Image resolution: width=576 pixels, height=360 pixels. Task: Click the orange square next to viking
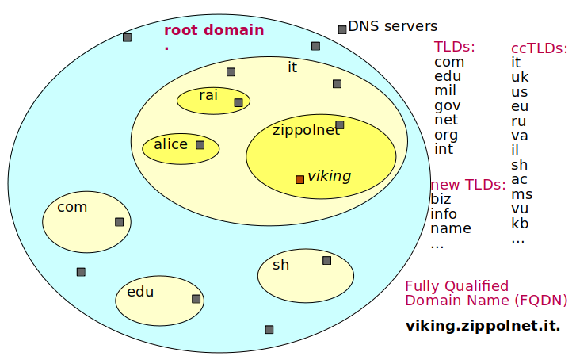click(299, 179)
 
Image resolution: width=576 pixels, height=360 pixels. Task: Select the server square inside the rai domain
click(238, 102)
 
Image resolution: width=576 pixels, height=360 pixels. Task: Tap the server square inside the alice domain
click(200, 145)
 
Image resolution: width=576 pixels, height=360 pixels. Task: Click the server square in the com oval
click(119, 222)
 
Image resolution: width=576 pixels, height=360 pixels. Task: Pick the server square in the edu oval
click(196, 299)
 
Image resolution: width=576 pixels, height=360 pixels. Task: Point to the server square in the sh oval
click(326, 260)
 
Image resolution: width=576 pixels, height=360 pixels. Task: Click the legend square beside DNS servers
click(342, 29)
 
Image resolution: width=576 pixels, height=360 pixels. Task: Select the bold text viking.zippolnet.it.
click(483, 326)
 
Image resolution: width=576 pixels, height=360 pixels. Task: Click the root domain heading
click(214, 31)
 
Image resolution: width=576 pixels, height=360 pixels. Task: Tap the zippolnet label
click(305, 130)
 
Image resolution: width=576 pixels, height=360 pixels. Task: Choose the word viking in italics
click(329, 176)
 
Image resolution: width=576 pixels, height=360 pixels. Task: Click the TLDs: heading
click(455, 47)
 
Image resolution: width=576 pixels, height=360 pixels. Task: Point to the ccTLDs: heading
click(539, 48)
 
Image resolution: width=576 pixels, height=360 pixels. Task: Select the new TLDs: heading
click(468, 185)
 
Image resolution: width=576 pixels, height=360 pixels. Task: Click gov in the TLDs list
click(448, 105)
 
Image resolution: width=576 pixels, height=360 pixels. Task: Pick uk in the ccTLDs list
click(520, 77)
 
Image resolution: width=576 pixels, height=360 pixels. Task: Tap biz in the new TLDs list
click(442, 199)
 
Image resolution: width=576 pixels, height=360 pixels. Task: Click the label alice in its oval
click(171, 144)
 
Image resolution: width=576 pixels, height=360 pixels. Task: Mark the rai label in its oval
click(208, 95)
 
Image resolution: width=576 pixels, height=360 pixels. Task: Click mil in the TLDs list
click(445, 90)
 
